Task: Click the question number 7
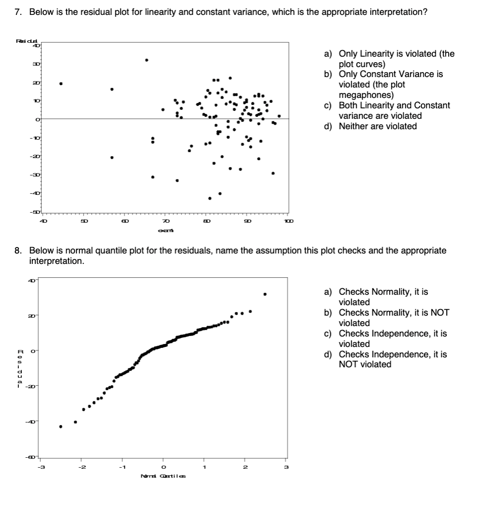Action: click(x=17, y=11)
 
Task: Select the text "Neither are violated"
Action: click(x=378, y=126)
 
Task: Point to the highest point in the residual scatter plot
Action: click(x=146, y=60)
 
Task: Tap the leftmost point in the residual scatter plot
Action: click(x=61, y=84)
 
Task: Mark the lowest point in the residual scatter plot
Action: click(x=210, y=198)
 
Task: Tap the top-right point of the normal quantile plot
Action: click(x=265, y=294)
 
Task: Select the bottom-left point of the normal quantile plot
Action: click(x=61, y=426)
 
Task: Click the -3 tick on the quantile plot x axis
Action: click(x=43, y=466)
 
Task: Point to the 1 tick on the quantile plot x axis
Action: click(x=204, y=466)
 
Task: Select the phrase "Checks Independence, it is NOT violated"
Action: click(x=385, y=359)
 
